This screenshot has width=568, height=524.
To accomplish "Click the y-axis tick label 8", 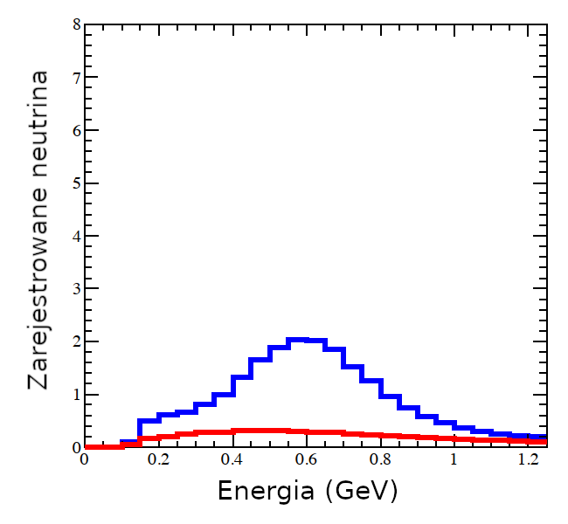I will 76,25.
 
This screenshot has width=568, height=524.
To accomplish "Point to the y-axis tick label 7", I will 76,78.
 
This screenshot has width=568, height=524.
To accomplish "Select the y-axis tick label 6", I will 76,131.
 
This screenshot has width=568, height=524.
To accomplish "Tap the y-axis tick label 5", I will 76,183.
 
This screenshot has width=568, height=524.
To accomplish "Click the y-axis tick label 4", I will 76,236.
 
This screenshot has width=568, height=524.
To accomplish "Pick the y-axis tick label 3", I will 76,288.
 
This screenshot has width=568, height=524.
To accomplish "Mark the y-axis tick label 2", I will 76,341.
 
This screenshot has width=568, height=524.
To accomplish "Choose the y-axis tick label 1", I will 76,394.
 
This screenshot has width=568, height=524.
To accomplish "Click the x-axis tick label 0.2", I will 158,459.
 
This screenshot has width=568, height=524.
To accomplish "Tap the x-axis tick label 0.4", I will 232,459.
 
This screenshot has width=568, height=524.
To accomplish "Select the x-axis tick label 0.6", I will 306,459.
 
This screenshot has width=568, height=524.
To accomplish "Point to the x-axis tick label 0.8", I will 380,459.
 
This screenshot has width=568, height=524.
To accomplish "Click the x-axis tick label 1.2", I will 528,459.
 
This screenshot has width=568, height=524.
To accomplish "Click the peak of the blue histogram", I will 298,339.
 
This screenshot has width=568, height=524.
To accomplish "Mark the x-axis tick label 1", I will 454,459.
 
